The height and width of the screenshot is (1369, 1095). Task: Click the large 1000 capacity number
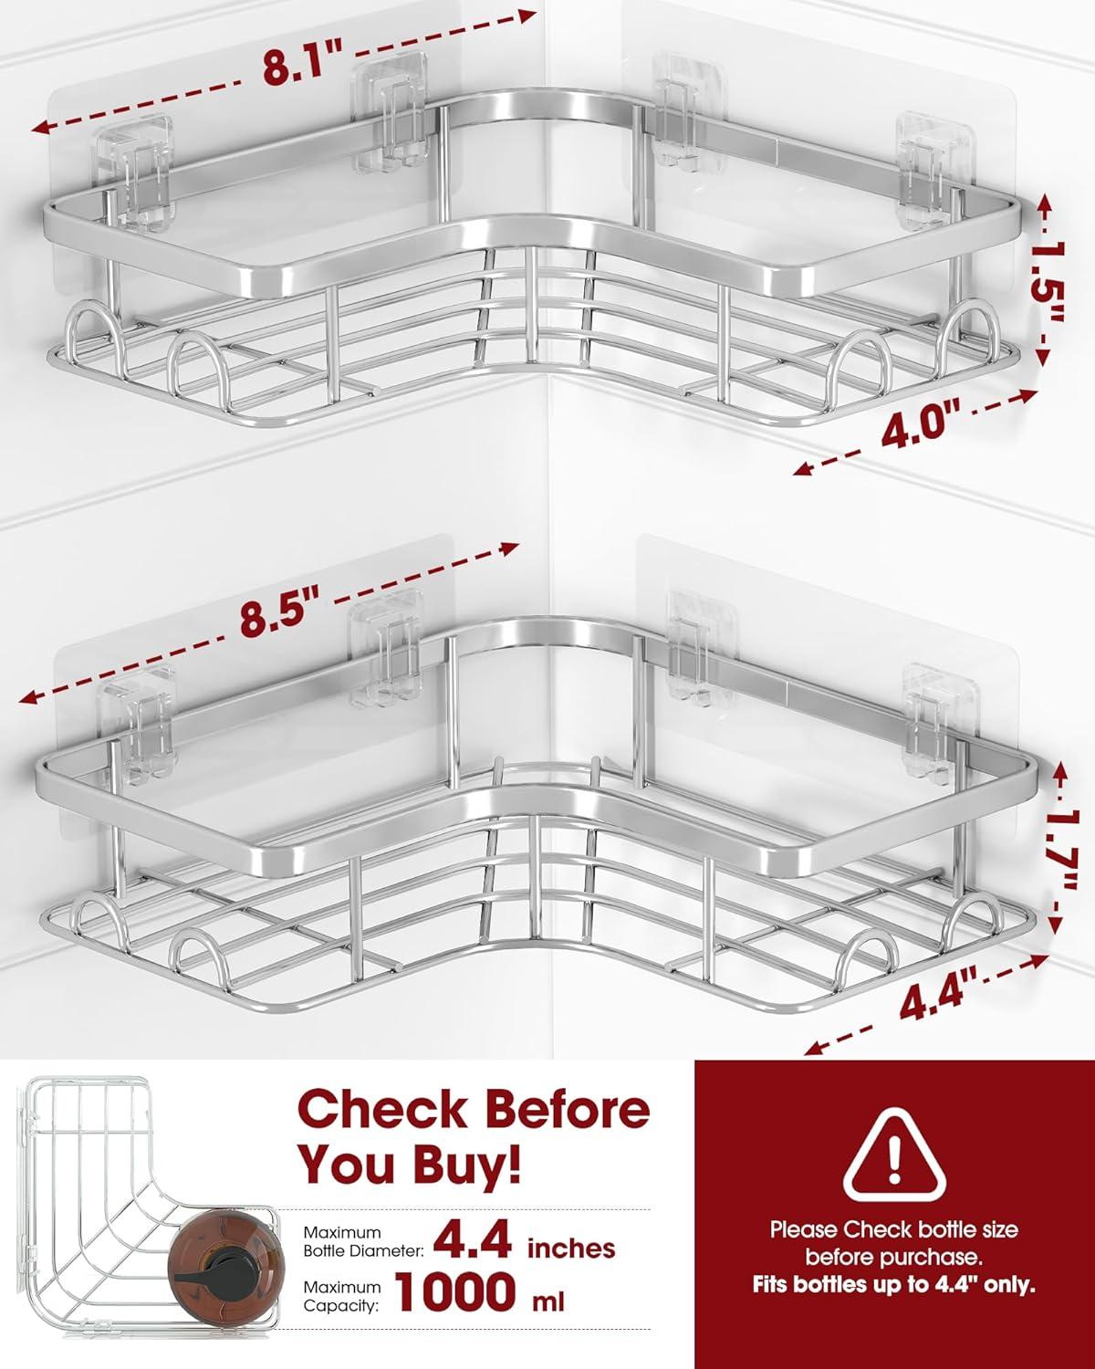pyautogui.click(x=454, y=1290)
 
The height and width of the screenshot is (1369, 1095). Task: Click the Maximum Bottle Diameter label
pyautogui.click(x=363, y=1241)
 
